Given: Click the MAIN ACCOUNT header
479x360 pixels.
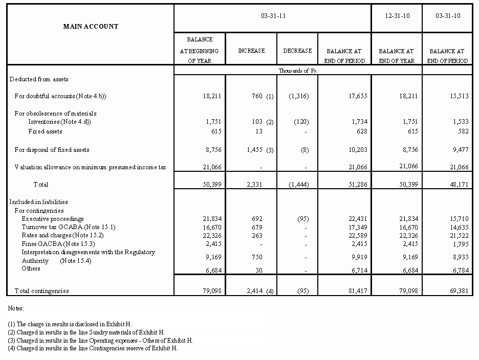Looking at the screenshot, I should tap(91, 26).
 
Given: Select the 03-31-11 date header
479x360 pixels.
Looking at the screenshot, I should tap(272, 16).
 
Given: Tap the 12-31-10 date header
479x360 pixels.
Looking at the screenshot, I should tap(397, 16).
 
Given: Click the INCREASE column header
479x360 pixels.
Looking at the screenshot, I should tap(251, 51).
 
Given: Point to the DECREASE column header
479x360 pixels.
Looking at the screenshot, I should tap(297, 51).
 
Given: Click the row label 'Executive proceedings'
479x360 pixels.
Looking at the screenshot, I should tap(53, 219).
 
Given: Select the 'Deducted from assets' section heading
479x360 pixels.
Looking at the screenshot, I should tap(39, 79).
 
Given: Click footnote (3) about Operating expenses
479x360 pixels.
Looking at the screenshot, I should tap(100, 340).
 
